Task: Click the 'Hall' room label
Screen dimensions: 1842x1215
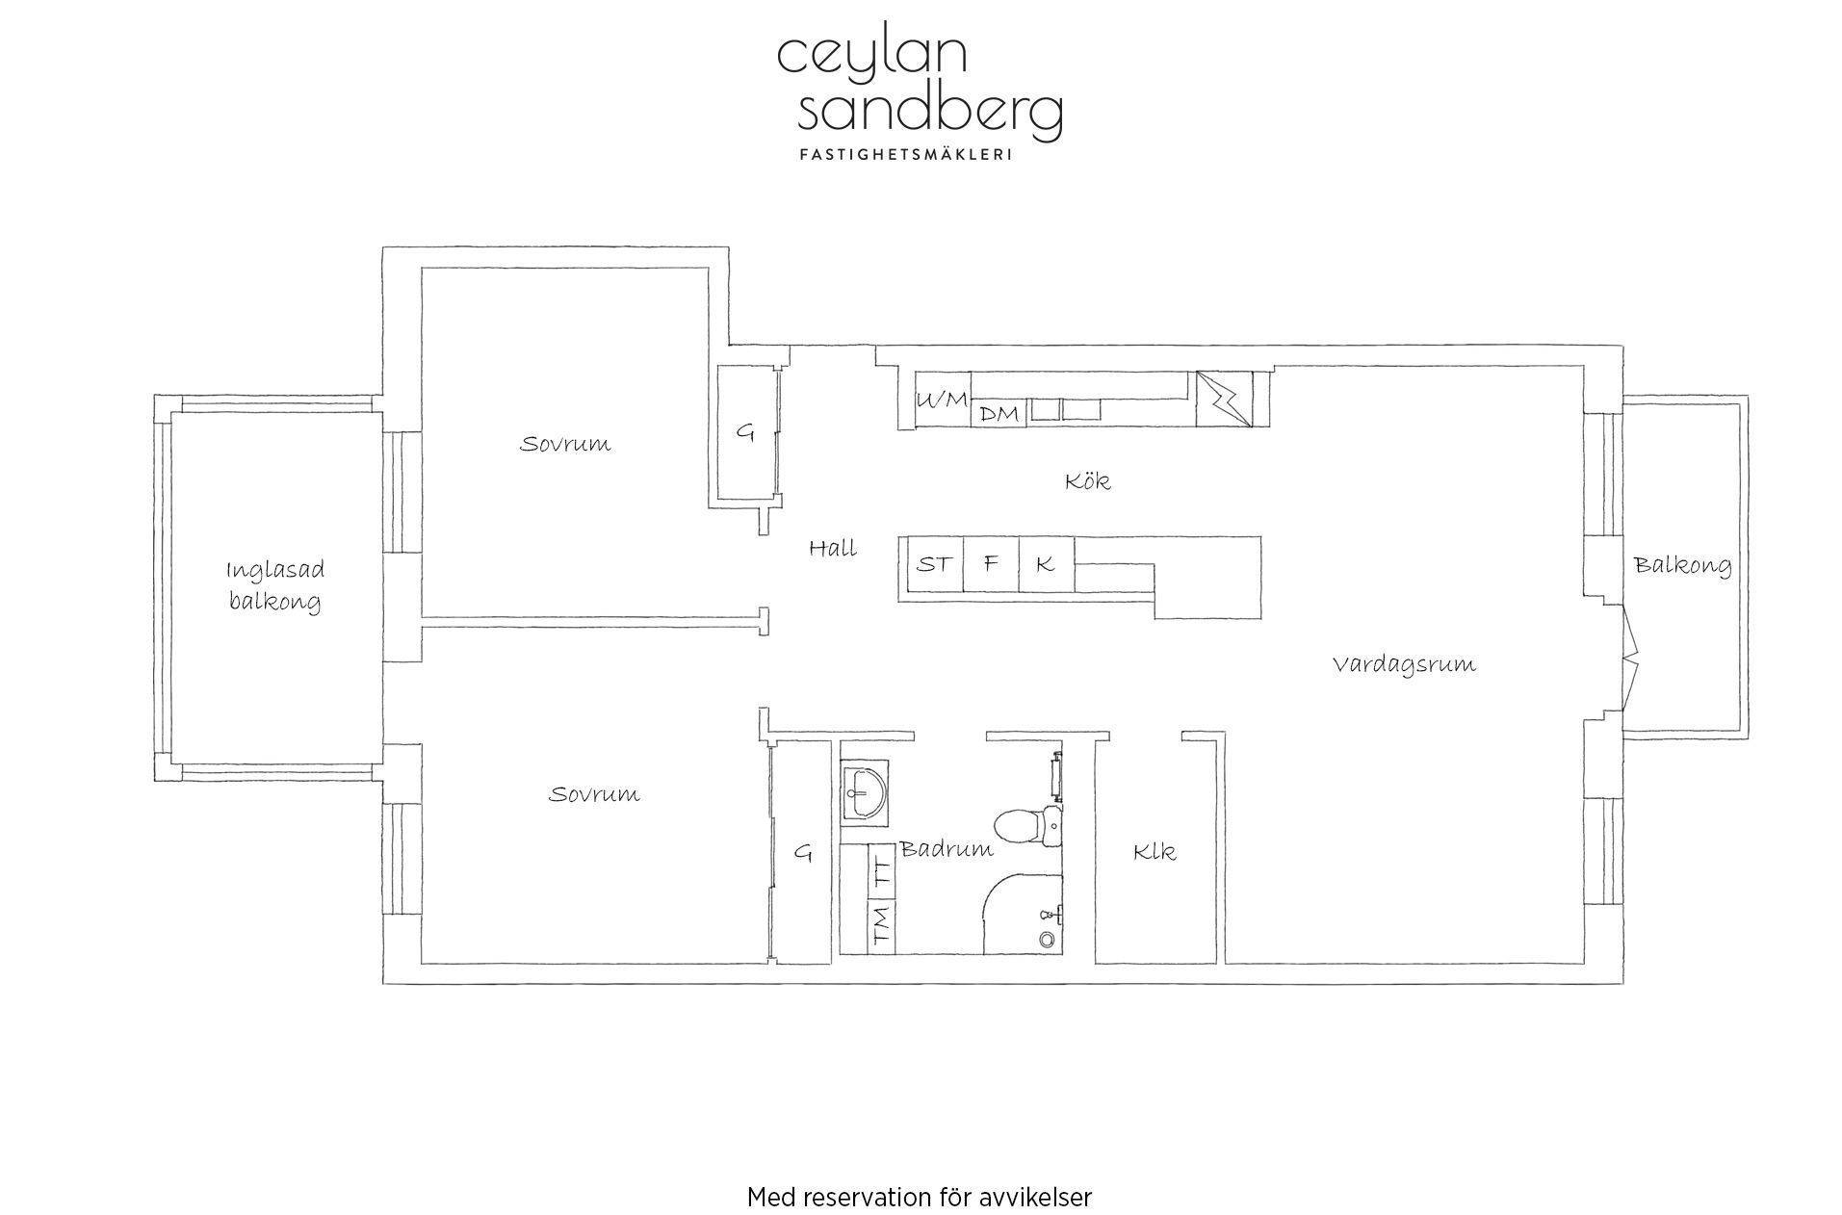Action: click(x=833, y=549)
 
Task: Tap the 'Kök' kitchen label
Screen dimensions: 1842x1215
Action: click(x=1088, y=480)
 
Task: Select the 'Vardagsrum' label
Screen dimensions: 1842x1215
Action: click(x=1404, y=664)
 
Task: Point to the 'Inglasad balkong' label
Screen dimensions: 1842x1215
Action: click(x=275, y=585)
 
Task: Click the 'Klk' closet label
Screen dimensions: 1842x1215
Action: click(x=1154, y=851)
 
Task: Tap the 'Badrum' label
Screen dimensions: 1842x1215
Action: click(x=947, y=848)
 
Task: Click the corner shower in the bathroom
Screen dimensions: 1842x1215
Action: click(x=1022, y=915)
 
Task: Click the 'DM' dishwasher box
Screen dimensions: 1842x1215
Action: click(x=999, y=413)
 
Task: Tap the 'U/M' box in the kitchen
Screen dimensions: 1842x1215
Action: click(x=942, y=400)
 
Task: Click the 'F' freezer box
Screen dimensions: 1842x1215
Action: click(x=991, y=563)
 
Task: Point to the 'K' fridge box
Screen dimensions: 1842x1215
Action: click(x=1046, y=563)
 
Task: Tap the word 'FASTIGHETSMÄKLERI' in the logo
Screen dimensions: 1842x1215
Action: click(x=905, y=154)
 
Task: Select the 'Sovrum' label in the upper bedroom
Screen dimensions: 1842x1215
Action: click(x=565, y=444)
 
